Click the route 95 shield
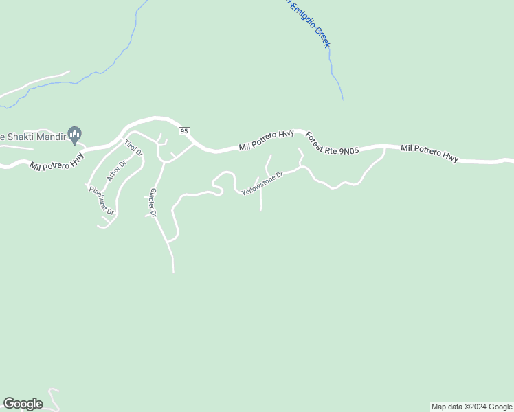[183, 130]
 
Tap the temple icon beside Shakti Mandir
[76, 134]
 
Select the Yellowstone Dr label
[262, 183]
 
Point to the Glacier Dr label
[154, 203]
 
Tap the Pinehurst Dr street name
[101, 201]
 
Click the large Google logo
[23, 404]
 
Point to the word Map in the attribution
[439, 407]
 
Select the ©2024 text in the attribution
[475, 407]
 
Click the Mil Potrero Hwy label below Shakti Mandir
[56, 161]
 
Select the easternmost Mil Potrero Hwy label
[429, 153]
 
